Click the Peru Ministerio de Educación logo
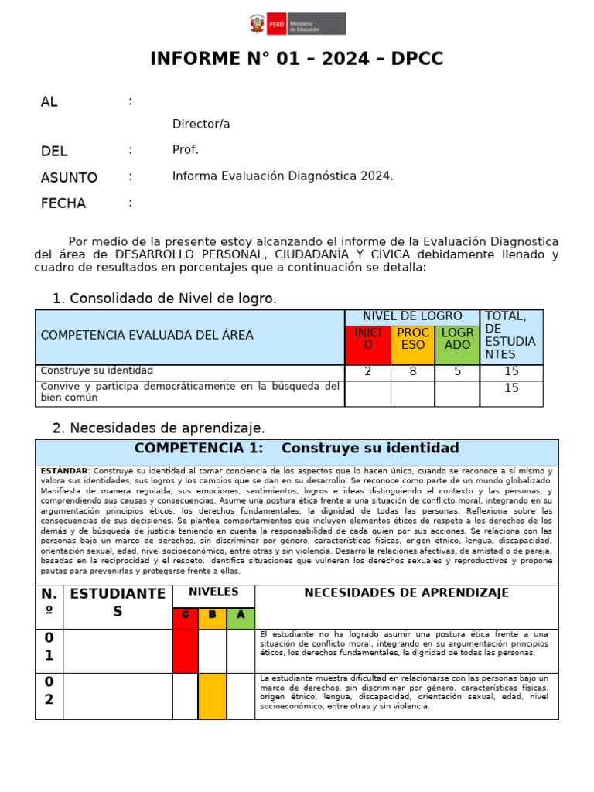(x=297, y=24)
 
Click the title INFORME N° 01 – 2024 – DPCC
(x=297, y=60)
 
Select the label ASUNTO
(x=69, y=178)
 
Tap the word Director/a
(x=201, y=125)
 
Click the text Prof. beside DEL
(x=186, y=150)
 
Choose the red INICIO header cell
(x=367, y=344)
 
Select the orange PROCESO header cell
(x=413, y=344)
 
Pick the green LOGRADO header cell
(x=457, y=344)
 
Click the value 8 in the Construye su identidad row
(x=413, y=372)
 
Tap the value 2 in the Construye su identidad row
(x=367, y=372)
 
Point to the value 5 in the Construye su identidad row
(x=457, y=372)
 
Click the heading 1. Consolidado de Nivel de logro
(x=164, y=299)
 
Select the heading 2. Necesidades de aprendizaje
(x=159, y=428)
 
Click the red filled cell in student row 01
(x=185, y=650)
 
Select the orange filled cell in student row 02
(x=213, y=696)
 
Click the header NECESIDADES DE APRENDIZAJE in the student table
(x=406, y=594)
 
